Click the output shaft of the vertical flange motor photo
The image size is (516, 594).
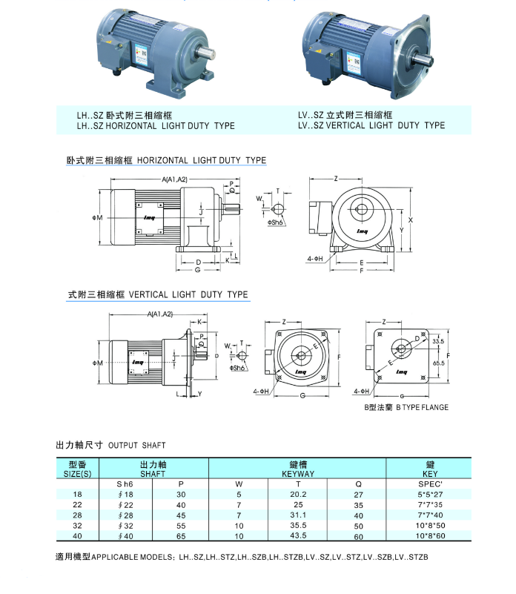click(x=423, y=59)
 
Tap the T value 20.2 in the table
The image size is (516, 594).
click(x=298, y=495)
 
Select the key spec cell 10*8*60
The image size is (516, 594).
click(x=430, y=536)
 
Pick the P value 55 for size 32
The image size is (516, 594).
click(x=181, y=526)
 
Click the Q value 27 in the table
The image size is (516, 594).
click(x=358, y=495)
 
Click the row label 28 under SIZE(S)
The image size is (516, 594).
click(x=77, y=515)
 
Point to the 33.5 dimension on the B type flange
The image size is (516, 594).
click(x=438, y=341)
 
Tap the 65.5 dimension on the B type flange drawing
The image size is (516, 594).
click(x=438, y=363)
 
